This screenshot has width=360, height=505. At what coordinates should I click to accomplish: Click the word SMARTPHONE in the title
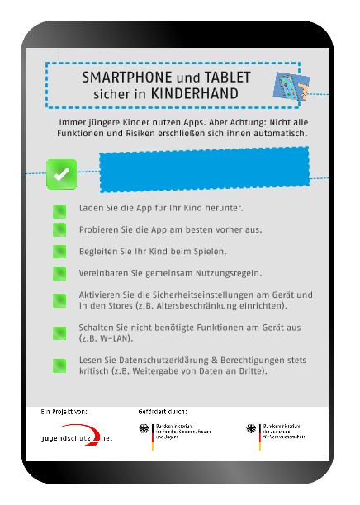coord(121,78)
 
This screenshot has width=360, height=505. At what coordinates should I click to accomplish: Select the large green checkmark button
coord(61,174)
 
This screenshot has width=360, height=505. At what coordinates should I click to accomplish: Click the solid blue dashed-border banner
coord(204,170)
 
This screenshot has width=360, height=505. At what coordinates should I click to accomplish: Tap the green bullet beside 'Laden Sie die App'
coord(59,210)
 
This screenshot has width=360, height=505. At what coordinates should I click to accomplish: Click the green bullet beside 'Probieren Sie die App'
coord(59,229)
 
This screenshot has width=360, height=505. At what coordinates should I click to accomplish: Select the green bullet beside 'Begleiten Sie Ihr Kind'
coord(59,251)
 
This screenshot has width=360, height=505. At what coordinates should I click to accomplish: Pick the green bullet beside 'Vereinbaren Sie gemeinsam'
coord(59,272)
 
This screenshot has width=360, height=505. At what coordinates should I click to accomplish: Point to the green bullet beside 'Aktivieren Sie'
coord(59,300)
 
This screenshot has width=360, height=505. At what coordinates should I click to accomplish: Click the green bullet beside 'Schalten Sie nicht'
coord(59,333)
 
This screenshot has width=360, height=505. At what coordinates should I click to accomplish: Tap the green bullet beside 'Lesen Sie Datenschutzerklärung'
coord(59,365)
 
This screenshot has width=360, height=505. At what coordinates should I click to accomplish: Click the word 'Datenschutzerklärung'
coord(159,360)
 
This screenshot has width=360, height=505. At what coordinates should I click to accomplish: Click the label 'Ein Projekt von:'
coord(64,410)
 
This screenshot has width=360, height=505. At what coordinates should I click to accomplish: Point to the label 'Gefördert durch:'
coord(163,410)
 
